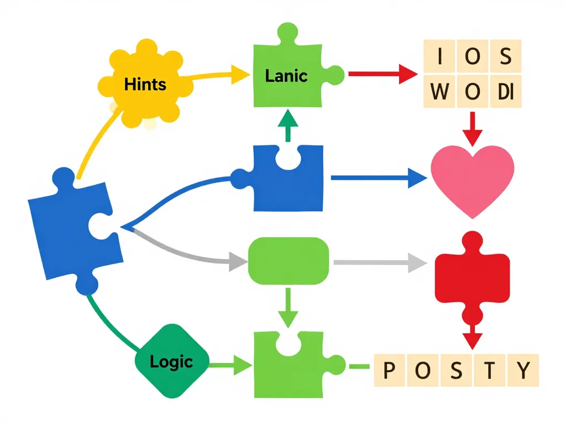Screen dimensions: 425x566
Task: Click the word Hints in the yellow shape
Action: (x=145, y=85)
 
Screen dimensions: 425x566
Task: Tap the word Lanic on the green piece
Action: (x=286, y=76)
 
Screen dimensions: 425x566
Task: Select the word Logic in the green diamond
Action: (x=171, y=362)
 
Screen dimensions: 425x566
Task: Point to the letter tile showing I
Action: (x=439, y=56)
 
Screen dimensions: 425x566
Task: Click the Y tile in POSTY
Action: (x=523, y=370)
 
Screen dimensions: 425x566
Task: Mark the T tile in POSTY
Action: (x=490, y=370)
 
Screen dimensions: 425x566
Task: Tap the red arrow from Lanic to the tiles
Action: (x=381, y=74)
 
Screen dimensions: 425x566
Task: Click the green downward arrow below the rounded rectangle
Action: (x=287, y=310)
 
